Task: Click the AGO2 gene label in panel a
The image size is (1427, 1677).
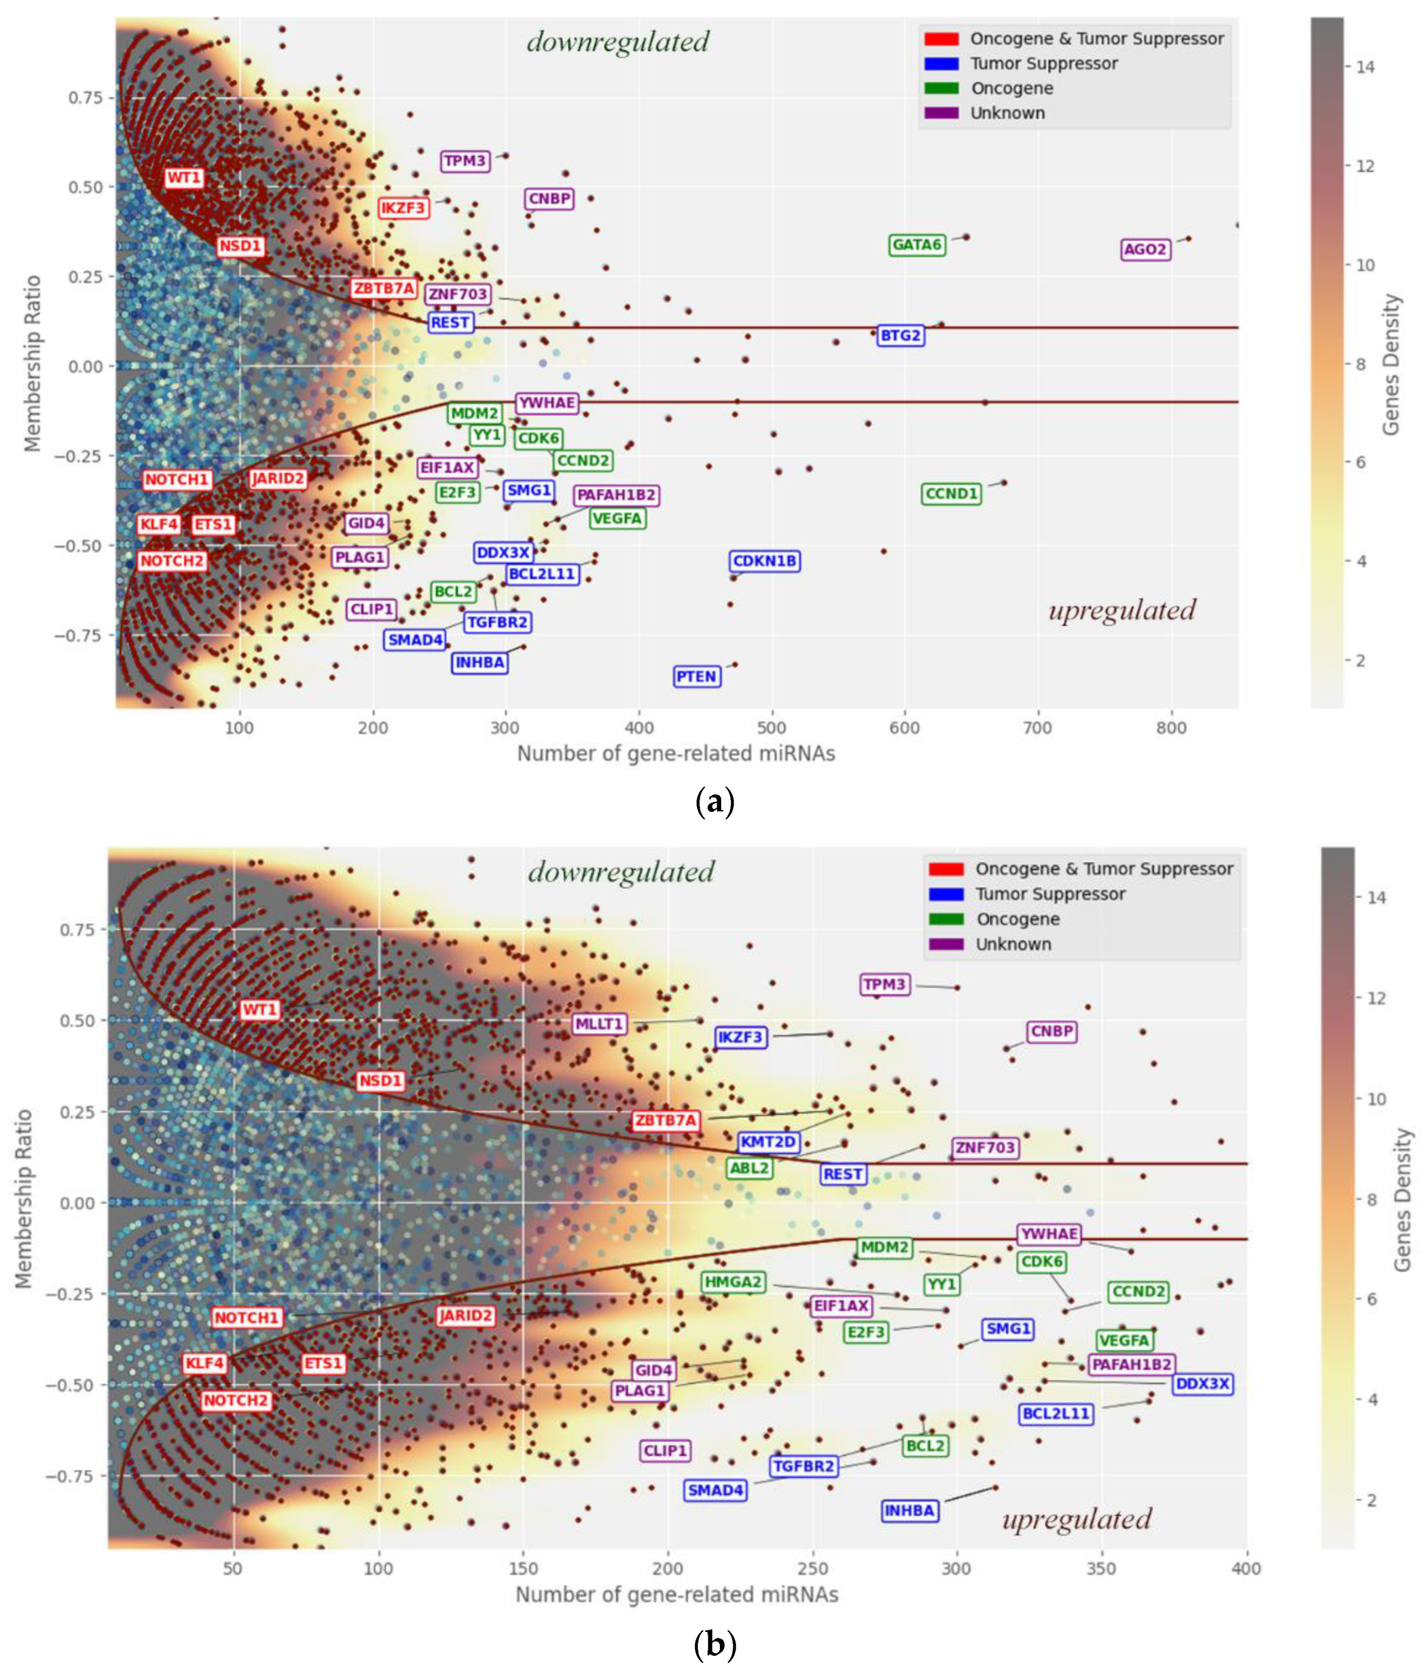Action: click(1145, 249)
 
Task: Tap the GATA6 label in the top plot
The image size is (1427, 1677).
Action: click(916, 245)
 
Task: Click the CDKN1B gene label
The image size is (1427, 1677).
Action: click(764, 561)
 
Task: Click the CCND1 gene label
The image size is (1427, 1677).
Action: click(951, 494)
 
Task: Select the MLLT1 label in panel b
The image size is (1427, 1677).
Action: click(599, 1024)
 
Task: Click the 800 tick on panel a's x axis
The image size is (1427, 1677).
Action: click(1171, 728)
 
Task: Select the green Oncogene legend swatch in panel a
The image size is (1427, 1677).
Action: click(941, 88)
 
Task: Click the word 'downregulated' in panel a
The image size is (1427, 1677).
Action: click(618, 41)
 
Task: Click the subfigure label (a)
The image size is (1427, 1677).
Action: click(715, 802)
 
